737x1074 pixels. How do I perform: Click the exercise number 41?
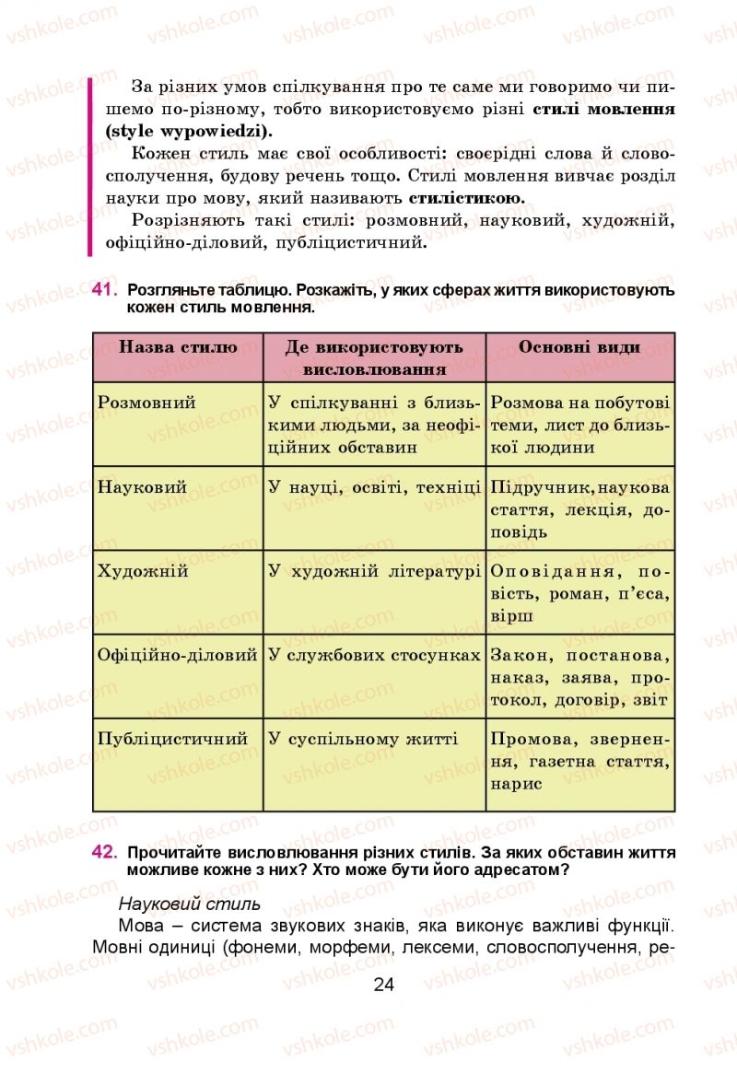pyautogui.click(x=104, y=290)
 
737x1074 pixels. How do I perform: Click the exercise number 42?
pyautogui.click(x=104, y=853)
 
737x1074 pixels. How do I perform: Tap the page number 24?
pyautogui.click(x=383, y=985)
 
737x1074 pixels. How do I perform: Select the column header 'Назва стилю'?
pyautogui.click(x=178, y=347)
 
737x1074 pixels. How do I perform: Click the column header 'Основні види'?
pyautogui.click(x=579, y=347)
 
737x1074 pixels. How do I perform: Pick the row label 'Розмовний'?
pyautogui.click(x=146, y=403)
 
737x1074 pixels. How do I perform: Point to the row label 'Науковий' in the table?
pyautogui.click(x=142, y=487)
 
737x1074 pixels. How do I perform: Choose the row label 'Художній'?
pyautogui.click(x=143, y=571)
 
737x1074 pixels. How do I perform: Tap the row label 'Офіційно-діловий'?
pyautogui.click(x=177, y=656)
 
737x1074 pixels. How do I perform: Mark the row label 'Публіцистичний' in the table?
pyautogui.click(x=173, y=739)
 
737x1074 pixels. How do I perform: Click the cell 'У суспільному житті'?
pyautogui.click(x=362, y=739)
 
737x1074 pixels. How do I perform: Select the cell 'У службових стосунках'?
pyautogui.click(x=374, y=656)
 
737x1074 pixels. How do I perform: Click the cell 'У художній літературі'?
pyautogui.click(x=374, y=571)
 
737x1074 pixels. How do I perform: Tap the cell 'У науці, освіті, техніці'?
pyautogui.click(x=374, y=487)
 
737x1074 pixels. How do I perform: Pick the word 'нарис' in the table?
pyautogui.click(x=516, y=784)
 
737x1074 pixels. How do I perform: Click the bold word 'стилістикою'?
pyautogui.click(x=466, y=198)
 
